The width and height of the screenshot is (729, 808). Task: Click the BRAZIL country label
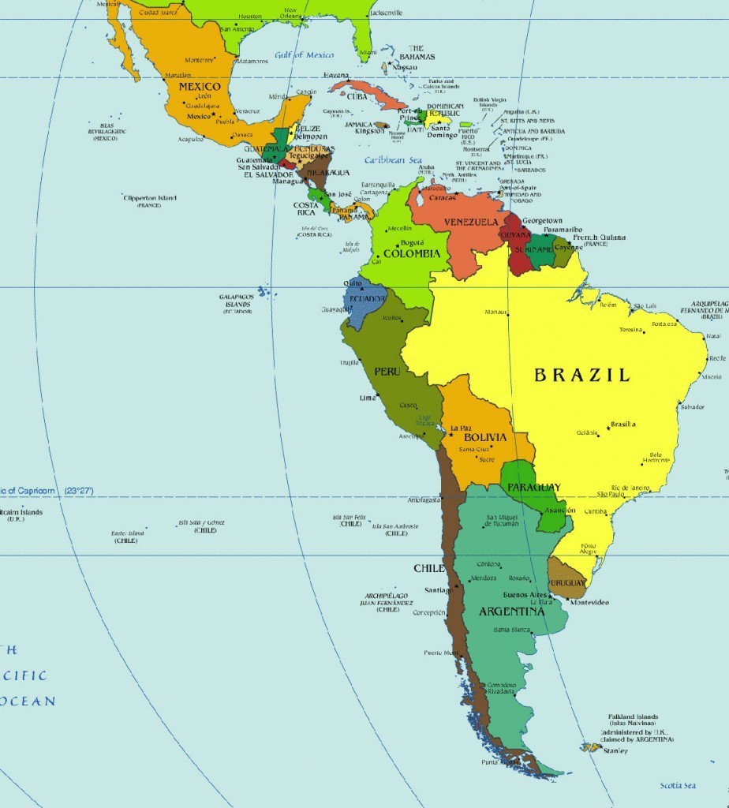(582, 375)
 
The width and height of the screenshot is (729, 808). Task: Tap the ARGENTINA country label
(512, 612)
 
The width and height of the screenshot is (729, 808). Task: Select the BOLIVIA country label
(485, 437)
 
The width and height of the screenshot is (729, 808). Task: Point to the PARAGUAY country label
(534, 487)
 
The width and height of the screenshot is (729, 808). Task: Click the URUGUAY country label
(569, 582)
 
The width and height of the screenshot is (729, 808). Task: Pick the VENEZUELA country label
(471, 222)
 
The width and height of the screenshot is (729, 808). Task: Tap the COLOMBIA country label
(412, 254)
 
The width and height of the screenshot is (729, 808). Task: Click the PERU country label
(387, 371)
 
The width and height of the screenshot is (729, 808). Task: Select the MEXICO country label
(200, 86)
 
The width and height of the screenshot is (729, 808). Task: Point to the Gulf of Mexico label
(305, 55)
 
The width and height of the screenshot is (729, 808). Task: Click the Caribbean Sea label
(393, 160)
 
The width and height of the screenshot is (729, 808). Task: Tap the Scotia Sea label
(678, 785)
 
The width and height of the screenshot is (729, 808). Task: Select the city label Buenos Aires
(525, 594)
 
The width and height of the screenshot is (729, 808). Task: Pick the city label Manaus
(496, 312)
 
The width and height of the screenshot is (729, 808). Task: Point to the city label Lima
(368, 398)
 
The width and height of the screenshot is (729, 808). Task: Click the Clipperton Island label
(150, 198)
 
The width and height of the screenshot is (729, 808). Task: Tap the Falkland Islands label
(633, 716)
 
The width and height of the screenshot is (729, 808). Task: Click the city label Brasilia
(623, 425)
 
